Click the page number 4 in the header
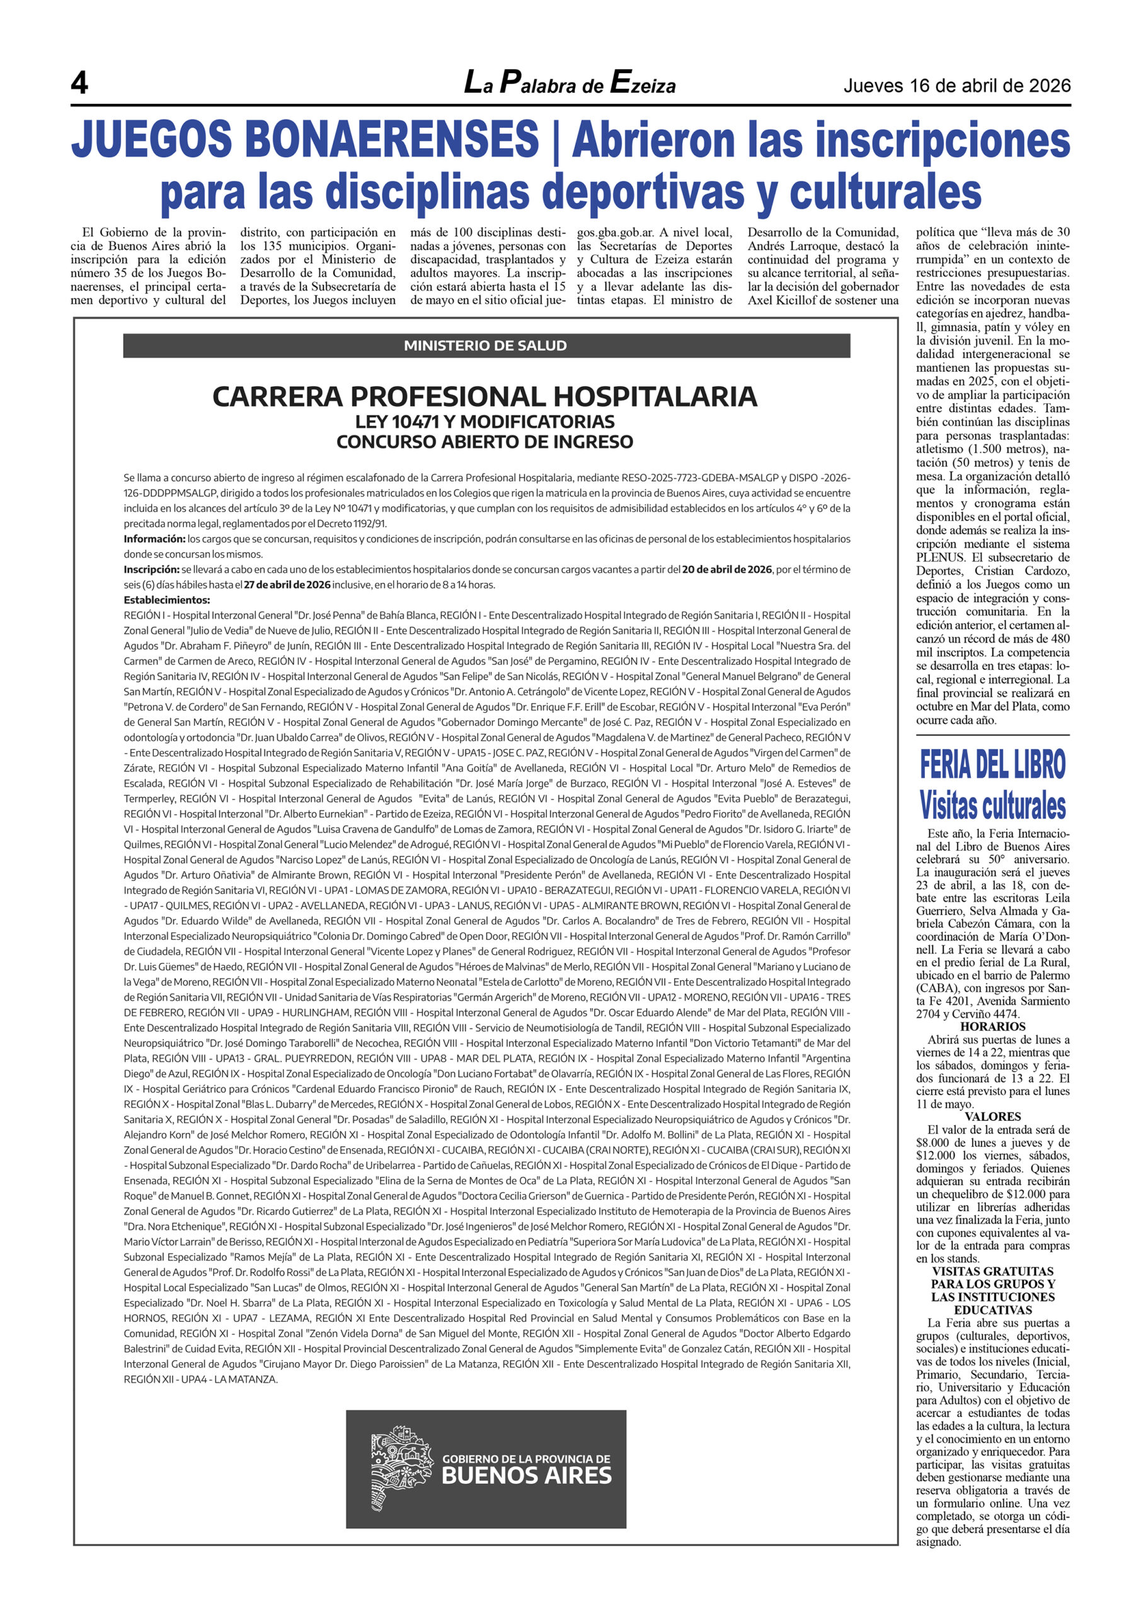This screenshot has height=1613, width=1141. (79, 84)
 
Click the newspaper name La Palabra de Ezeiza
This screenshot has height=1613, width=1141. (570, 84)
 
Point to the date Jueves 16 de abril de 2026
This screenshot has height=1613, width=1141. (957, 86)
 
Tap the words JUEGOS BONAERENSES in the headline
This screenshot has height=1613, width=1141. (305, 139)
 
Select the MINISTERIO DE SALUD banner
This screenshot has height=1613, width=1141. (486, 346)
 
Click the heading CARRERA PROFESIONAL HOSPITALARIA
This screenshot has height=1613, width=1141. (484, 397)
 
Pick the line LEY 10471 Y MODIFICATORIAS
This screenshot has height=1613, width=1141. (484, 422)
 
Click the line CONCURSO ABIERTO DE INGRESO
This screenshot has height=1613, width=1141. (484, 442)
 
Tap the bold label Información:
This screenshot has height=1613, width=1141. (154, 539)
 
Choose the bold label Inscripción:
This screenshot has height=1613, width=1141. (152, 569)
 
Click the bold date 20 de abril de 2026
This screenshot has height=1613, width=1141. (726, 569)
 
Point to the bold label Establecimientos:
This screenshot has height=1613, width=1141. (167, 600)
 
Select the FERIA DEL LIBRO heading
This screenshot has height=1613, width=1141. (992, 765)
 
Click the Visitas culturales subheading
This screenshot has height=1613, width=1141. (992, 805)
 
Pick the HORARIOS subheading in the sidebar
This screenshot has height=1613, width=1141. (993, 1026)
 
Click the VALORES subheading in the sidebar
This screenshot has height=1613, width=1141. (993, 1116)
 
